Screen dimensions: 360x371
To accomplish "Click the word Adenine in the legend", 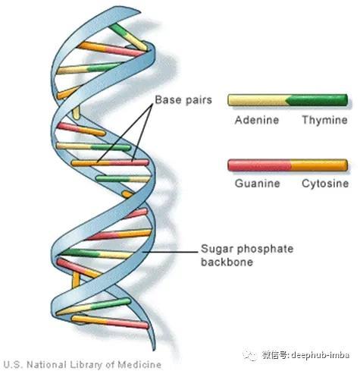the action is click(257, 120).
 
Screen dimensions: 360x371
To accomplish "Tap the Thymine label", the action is click(325, 120).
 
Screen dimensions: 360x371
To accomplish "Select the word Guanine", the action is click(258, 184).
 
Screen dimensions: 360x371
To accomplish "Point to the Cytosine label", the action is click(325, 184).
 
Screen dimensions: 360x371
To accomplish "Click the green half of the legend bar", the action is click(317, 100).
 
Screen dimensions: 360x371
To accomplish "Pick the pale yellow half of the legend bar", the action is click(258, 100).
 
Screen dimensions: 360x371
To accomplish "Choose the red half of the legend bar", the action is click(259, 165).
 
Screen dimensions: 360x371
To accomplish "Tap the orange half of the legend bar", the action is click(319, 165).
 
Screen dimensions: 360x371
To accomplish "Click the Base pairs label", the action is click(183, 100).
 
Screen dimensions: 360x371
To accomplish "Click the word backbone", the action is click(227, 262).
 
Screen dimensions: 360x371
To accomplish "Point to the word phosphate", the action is click(268, 250).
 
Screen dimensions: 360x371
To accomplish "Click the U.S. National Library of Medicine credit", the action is click(83, 364).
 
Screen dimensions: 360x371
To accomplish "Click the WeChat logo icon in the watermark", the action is click(250, 355).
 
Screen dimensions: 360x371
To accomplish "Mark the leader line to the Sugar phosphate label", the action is click(170, 252).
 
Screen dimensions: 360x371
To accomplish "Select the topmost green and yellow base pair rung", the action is click(128, 37).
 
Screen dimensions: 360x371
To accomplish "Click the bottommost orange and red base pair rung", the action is click(110, 322).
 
